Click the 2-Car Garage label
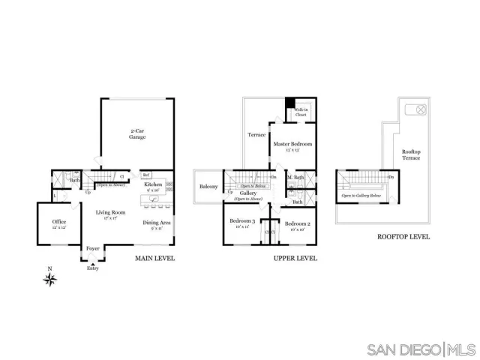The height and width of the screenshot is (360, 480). [136, 134]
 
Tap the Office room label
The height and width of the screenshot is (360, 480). [59, 224]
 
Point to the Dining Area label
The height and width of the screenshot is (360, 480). [156, 224]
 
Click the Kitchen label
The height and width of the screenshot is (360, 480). [154, 185]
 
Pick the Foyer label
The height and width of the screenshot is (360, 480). [93, 248]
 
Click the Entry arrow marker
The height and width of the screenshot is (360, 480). [92, 265]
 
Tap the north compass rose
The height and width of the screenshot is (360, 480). [51, 280]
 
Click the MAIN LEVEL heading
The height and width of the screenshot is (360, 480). [155, 258]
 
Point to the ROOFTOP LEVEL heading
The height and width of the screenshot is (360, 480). [403, 237]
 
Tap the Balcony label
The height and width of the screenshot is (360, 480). [208, 187]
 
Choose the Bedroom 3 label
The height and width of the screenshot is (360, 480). [242, 223]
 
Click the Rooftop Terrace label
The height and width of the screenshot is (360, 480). [412, 155]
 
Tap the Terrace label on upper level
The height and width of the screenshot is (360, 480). [257, 135]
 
